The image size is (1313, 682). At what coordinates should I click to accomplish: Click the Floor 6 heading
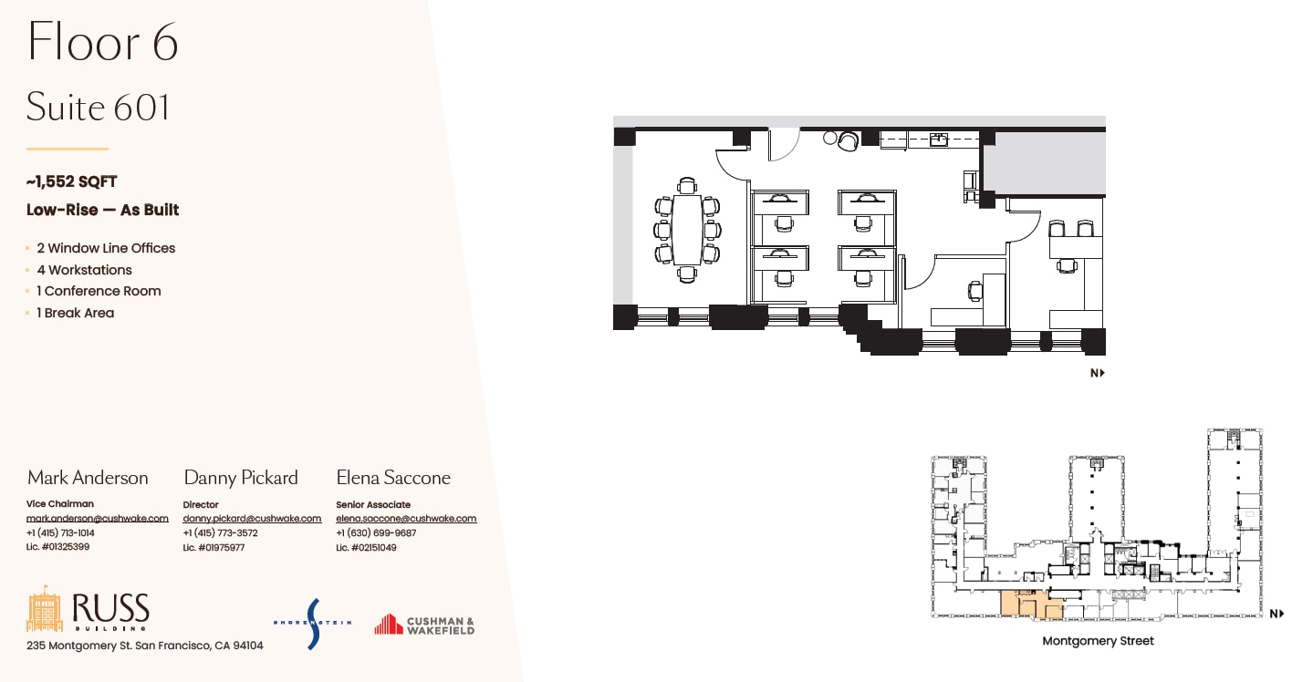[102, 43]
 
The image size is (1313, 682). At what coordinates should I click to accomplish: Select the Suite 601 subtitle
[98, 108]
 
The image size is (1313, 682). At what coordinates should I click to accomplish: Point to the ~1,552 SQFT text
[71, 182]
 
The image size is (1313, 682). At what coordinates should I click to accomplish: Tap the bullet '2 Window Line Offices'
[106, 248]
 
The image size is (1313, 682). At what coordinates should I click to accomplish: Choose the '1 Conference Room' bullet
[99, 291]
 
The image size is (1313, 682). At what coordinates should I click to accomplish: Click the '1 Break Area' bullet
[75, 313]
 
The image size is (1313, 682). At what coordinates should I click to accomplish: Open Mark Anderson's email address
[97, 518]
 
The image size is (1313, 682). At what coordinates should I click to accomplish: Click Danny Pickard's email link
[252, 518]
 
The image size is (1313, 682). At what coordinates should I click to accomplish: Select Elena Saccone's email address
[406, 518]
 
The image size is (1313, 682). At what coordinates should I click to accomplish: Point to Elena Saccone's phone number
[376, 533]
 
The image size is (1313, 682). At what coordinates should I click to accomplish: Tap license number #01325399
[58, 547]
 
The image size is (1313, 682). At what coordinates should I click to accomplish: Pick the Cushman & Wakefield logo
[424, 625]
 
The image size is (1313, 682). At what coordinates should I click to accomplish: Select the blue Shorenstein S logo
[313, 624]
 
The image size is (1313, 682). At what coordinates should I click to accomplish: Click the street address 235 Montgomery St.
[144, 646]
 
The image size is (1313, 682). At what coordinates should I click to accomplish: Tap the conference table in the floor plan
[686, 229]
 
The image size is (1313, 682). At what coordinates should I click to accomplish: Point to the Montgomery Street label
[1098, 641]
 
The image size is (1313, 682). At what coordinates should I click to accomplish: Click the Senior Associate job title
[372, 504]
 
